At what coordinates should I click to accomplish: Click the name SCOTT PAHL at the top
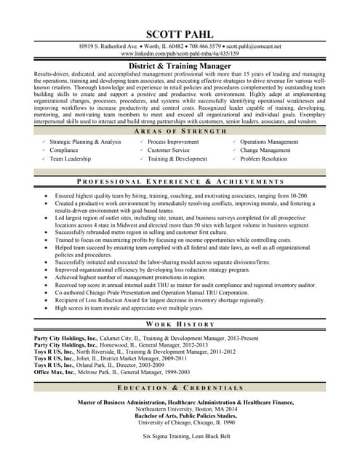180,34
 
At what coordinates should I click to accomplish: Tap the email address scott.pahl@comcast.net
254,46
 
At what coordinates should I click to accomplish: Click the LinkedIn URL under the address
180,54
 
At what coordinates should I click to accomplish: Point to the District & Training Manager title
180,65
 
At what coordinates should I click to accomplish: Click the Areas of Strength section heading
180,131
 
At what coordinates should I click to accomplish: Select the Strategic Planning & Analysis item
85,142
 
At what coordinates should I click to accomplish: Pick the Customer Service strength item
168,150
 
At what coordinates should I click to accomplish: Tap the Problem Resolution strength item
263,158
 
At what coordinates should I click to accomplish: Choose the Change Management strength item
265,150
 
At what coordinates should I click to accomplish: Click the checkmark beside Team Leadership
44,158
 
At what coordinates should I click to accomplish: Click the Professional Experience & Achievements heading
180,181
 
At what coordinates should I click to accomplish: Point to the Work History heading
180,324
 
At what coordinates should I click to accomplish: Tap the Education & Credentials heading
180,388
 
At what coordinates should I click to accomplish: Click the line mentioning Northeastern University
180,408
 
